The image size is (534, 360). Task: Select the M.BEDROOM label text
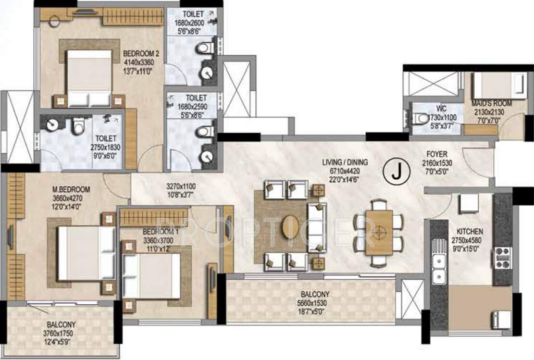click(72, 189)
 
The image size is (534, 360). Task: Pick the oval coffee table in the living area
click(291, 226)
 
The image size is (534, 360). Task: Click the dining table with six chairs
click(379, 232)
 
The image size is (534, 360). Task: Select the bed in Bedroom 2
click(89, 77)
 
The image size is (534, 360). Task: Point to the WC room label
click(441, 109)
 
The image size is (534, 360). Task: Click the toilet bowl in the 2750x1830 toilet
click(78, 127)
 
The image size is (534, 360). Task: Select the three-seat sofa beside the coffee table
click(317, 227)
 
